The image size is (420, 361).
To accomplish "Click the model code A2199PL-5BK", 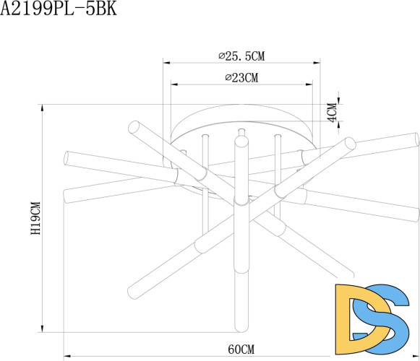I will pos(58,9).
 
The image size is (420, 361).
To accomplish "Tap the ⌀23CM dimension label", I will pos(241,77).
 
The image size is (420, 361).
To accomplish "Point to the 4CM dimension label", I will pos(332,113).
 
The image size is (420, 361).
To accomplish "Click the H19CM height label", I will pos(35,221).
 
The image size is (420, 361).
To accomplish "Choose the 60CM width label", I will pos(241,349).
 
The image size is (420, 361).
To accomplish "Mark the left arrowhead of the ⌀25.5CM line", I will pos(166,64).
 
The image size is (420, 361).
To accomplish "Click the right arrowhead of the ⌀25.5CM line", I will pos(319,64).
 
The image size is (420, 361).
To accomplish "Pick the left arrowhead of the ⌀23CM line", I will pos(173,84).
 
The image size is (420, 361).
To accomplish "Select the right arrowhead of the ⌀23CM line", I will pos(311,84).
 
